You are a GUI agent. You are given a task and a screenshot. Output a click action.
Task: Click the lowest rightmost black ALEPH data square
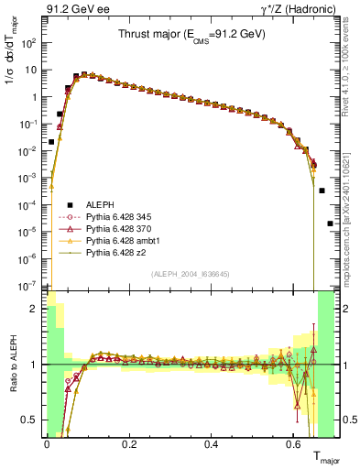point(330,223)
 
